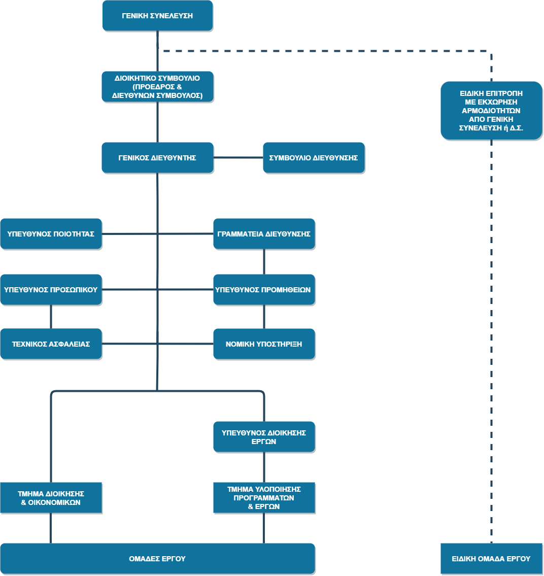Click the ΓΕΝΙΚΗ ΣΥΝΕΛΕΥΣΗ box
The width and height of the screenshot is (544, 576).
click(x=157, y=16)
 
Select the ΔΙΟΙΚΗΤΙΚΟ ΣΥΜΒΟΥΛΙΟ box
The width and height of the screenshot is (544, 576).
click(x=157, y=86)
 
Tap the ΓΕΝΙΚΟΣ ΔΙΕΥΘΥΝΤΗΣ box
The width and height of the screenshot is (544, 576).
click(x=157, y=157)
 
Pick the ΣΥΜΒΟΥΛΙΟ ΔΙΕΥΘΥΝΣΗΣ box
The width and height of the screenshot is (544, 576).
click(x=314, y=157)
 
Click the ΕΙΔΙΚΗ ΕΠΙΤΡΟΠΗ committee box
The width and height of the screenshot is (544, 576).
click(x=491, y=110)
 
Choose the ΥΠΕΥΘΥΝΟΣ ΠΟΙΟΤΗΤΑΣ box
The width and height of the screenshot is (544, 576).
click(x=51, y=233)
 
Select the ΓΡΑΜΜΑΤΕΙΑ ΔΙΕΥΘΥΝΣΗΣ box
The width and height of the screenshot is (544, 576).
click(x=264, y=233)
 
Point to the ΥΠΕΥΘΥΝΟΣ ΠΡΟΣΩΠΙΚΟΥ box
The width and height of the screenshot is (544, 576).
click(x=51, y=289)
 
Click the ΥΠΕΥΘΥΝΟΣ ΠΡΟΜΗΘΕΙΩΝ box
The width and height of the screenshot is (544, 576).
click(x=264, y=289)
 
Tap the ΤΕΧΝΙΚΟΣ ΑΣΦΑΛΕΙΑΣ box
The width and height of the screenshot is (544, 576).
click(x=51, y=344)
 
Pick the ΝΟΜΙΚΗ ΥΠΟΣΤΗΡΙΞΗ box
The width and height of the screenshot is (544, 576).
click(x=264, y=344)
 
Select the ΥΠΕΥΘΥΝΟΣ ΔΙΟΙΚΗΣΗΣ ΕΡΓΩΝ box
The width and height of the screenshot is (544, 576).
click(x=264, y=436)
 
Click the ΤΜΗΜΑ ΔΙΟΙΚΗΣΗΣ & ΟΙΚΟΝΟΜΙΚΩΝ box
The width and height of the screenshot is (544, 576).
click(x=51, y=497)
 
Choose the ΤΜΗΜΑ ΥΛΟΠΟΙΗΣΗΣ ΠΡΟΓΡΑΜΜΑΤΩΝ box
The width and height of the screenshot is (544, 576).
click(x=264, y=497)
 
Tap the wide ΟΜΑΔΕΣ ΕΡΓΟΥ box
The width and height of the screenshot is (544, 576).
click(x=157, y=558)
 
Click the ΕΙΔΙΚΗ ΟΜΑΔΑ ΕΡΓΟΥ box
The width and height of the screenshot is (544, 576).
click(x=491, y=558)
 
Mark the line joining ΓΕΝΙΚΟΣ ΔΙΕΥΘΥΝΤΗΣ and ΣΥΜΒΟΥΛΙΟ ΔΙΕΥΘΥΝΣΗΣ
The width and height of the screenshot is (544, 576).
click(x=238, y=157)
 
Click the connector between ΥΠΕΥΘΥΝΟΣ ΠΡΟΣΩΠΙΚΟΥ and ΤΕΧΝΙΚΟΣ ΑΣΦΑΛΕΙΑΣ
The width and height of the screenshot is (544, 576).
click(x=51, y=317)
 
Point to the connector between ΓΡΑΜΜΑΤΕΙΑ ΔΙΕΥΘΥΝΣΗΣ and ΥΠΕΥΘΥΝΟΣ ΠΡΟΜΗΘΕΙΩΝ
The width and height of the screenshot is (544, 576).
click(x=264, y=261)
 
